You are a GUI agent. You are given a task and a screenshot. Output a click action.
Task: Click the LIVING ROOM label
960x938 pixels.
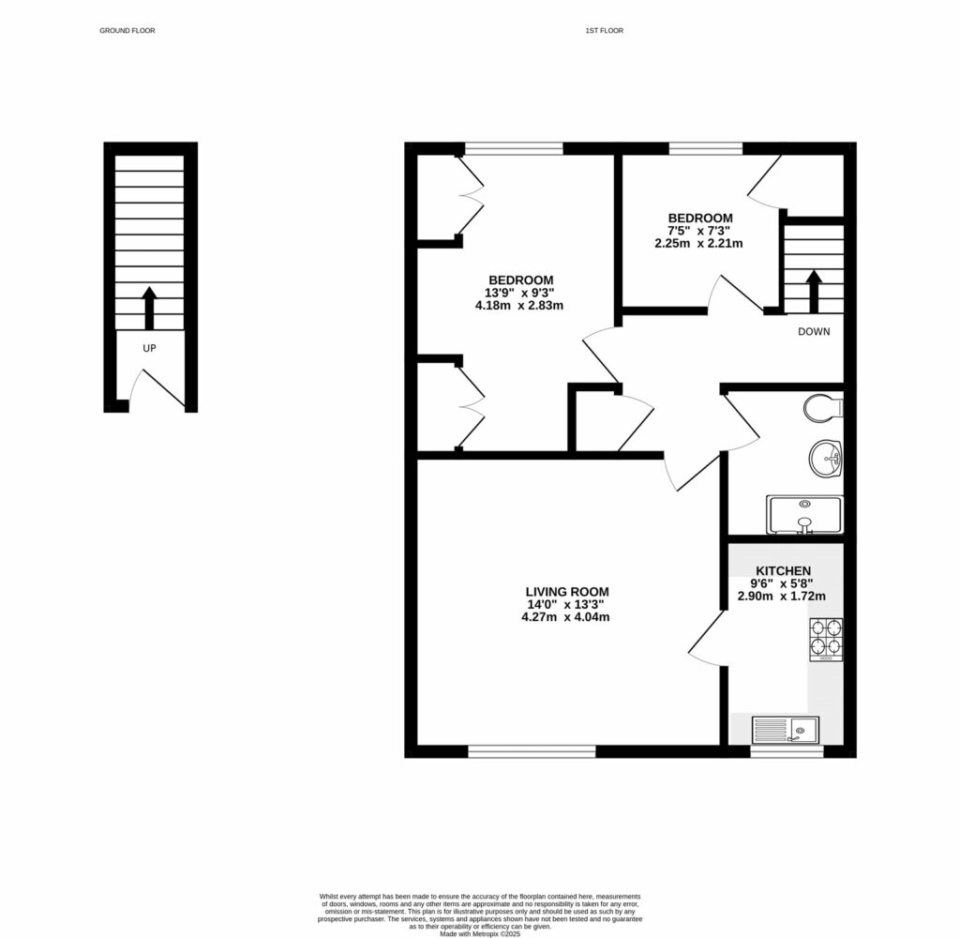pyautogui.click(x=567, y=592)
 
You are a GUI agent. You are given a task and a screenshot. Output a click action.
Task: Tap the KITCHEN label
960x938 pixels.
pyautogui.click(x=783, y=570)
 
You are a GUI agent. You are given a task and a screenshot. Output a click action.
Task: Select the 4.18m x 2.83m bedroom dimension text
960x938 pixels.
pyautogui.click(x=520, y=305)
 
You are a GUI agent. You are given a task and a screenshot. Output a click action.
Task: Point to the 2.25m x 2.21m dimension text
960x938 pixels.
pyautogui.click(x=698, y=243)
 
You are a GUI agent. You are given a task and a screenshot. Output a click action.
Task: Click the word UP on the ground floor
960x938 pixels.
pyautogui.click(x=149, y=348)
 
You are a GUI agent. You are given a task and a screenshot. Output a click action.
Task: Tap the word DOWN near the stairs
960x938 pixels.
pyautogui.click(x=814, y=331)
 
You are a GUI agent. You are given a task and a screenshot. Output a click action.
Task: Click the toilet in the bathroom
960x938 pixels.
pyautogui.click(x=825, y=408)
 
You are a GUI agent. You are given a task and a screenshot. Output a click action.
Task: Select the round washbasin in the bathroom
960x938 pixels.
pyautogui.click(x=826, y=460)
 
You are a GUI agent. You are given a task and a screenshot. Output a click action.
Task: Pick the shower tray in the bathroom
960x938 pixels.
pyautogui.click(x=804, y=514)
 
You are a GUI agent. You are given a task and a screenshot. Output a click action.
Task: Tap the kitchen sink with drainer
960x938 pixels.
pyautogui.click(x=786, y=728)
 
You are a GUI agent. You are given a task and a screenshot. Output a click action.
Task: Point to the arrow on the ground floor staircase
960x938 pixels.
pyautogui.click(x=149, y=307)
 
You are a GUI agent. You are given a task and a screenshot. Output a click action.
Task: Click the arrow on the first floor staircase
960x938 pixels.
pyautogui.click(x=814, y=290)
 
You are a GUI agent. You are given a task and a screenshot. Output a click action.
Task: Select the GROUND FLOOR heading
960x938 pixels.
pyautogui.click(x=127, y=31)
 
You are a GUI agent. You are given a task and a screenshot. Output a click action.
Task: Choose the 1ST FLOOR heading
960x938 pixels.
pyautogui.click(x=604, y=31)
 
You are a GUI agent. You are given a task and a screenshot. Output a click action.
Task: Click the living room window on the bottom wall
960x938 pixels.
pyautogui.click(x=532, y=750)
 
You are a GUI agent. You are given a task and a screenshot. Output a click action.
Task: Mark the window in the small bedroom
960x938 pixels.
pyautogui.click(x=706, y=147)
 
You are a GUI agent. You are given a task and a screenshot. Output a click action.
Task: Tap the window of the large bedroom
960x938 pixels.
pyautogui.click(x=514, y=147)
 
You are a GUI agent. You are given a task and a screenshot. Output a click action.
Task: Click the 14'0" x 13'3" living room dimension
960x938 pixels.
pyautogui.click(x=567, y=604)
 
